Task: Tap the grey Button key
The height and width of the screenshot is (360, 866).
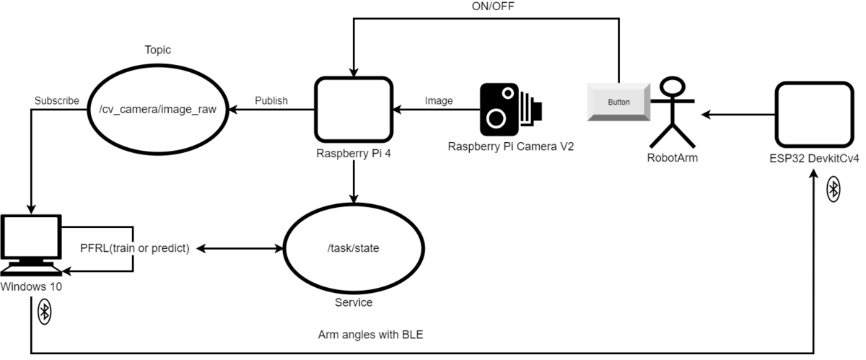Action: [x=618, y=102]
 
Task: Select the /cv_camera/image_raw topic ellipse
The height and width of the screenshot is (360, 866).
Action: [x=157, y=110]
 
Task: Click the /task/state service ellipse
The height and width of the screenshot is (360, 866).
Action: [x=353, y=248]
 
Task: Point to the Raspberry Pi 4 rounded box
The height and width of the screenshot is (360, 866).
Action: [x=354, y=110]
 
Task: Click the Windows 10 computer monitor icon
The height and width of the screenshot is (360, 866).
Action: [x=30, y=243]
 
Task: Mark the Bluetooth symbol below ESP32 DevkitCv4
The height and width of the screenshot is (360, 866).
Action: [x=833, y=190]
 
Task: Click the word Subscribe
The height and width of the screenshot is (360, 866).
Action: [x=56, y=101]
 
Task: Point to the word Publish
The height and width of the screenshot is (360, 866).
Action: [x=271, y=101]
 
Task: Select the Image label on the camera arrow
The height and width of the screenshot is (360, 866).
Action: [x=439, y=101]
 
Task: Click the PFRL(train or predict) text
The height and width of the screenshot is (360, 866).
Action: [x=134, y=249]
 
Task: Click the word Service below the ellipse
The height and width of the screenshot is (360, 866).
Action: [x=353, y=302]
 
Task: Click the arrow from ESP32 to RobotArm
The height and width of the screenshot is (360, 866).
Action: [x=736, y=114]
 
